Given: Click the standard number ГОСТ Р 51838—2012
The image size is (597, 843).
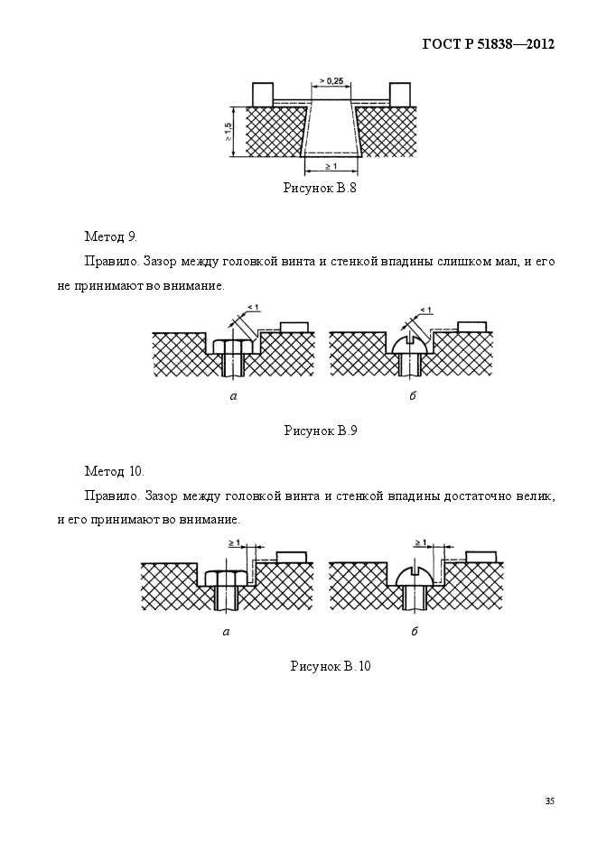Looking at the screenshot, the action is point(489,44).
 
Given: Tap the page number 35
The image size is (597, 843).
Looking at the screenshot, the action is point(550,801).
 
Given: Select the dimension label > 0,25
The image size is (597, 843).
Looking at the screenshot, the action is point(331,80).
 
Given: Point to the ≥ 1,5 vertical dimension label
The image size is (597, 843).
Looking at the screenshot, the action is point(229,132).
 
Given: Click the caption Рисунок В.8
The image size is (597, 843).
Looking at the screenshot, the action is point(320,188).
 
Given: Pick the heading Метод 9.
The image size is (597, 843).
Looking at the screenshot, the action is point(111,236).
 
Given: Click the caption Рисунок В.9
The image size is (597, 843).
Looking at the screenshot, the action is point(321,431).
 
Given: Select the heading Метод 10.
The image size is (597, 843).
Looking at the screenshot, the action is point(115,471).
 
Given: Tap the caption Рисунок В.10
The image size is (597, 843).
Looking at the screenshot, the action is point(331,666).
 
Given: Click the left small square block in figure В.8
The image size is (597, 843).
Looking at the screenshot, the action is point(263,95).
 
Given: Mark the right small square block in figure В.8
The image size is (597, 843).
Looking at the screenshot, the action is point(400,95).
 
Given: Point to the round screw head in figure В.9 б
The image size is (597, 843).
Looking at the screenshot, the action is point(412,345).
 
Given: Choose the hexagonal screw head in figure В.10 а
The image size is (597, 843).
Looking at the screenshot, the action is point(227,578).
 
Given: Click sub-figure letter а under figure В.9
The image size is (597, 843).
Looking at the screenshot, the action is point(233,397).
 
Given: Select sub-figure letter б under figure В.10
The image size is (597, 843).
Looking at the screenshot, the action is point(415,631).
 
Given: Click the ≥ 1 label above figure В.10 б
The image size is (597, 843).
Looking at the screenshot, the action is point(420,542).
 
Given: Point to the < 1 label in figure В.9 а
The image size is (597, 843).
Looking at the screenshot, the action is point(253,308).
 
